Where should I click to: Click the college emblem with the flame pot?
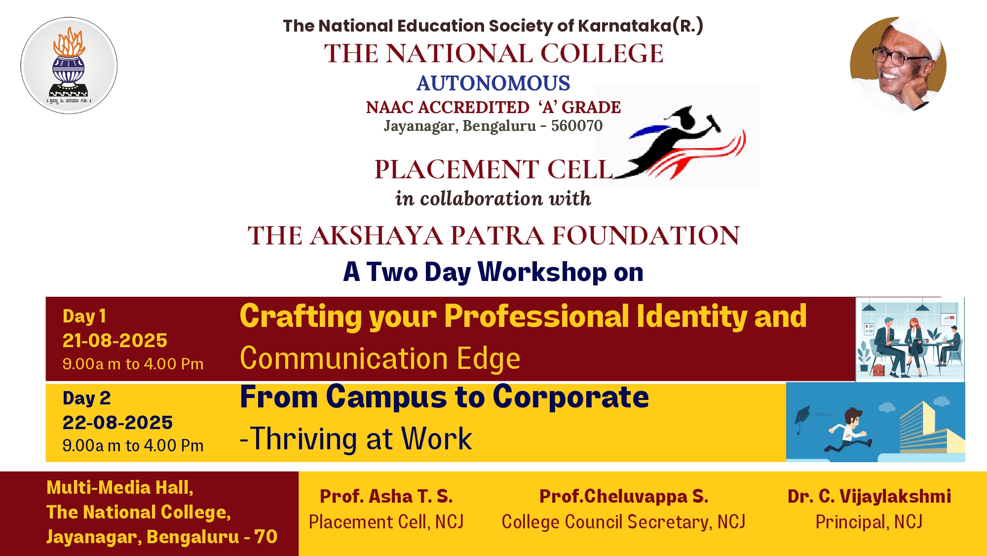(x=69, y=66)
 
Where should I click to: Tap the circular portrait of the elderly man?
(x=898, y=65)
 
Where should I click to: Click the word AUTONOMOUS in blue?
(x=493, y=83)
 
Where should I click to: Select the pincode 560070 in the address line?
(x=577, y=126)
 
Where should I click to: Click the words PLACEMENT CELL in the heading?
(x=493, y=169)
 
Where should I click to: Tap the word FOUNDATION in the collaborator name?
(x=646, y=235)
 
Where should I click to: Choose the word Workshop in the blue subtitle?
(x=542, y=272)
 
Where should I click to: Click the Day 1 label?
(x=84, y=316)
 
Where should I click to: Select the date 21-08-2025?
(x=115, y=340)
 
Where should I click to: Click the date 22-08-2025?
(x=117, y=422)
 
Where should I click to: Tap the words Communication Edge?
(x=380, y=358)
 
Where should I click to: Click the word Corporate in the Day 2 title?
(x=570, y=397)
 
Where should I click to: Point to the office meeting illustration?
(x=910, y=339)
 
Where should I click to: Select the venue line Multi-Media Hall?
(x=120, y=488)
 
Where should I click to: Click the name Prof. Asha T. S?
(x=386, y=496)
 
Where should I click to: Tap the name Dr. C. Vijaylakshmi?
(x=869, y=496)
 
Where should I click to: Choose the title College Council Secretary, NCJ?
(x=623, y=522)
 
